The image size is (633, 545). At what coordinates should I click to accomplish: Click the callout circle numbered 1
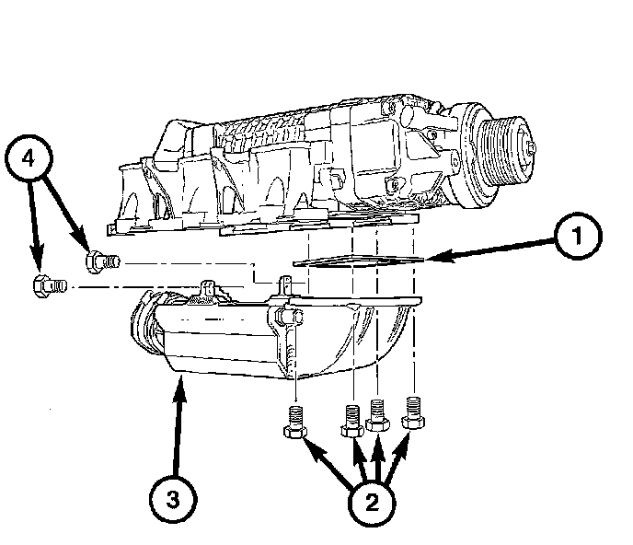(x=578, y=236)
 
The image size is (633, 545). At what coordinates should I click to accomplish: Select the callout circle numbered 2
(x=372, y=503)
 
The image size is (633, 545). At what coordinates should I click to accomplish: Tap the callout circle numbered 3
(x=173, y=499)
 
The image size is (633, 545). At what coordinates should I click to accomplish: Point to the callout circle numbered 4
(x=29, y=158)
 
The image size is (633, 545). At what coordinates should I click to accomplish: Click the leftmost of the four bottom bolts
(x=295, y=422)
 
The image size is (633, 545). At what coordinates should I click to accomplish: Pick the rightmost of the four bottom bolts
(x=413, y=412)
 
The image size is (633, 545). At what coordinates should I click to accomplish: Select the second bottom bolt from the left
(x=352, y=421)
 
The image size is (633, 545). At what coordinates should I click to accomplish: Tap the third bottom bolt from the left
(x=377, y=415)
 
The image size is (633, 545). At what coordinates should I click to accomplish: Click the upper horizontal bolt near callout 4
(x=102, y=261)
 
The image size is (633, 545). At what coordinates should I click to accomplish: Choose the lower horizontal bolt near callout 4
(x=50, y=286)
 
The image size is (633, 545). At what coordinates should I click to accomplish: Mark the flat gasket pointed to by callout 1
(x=358, y=261)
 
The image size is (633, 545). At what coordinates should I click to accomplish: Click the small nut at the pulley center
(x=531, y=148)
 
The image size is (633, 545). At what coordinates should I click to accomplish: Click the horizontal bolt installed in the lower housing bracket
(x=288, y=317)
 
